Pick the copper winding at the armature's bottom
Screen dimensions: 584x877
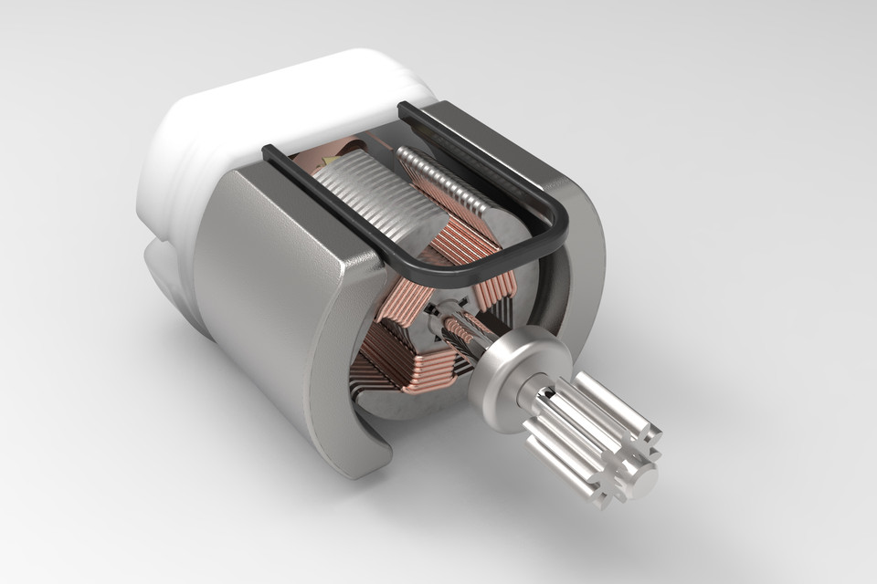[x=402, y=365]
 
